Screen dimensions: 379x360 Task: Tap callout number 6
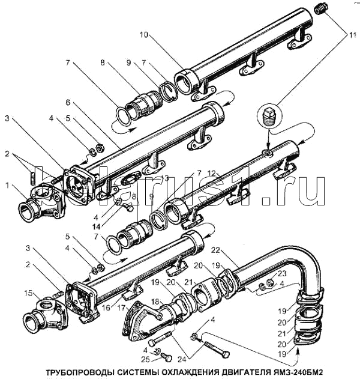[68, 102]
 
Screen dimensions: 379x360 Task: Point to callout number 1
[7, 185]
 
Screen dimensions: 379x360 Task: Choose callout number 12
[211, 174]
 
